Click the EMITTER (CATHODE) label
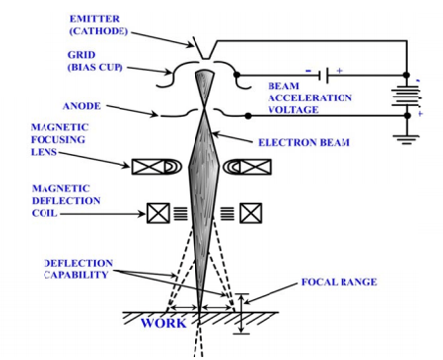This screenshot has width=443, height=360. [x=98, y=25]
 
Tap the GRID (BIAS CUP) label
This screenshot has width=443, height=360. [x=95, y=61]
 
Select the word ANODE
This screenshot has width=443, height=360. [x=81, y=106]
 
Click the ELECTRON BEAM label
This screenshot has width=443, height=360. [x=304, y=142]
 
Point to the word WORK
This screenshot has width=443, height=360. [x=164, y=323]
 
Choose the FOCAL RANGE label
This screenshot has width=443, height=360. [x=339, y=282]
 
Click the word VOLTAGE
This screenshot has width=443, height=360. [x=293, y=110]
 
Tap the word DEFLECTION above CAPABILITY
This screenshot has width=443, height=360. [x=78, y=263]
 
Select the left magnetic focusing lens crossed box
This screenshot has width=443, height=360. [x=148, y=167]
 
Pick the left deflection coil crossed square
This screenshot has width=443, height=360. [x=158, y=213]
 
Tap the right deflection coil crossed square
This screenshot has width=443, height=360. [x=251, y=213]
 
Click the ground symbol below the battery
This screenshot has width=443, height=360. [x=408, y=139]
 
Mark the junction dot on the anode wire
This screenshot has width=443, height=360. [x=248, y=116]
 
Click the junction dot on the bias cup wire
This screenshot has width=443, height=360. [x=237, y=75]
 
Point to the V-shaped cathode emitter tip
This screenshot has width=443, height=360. [x=205, y=58]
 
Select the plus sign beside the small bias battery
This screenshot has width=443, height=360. [x=340, y=71]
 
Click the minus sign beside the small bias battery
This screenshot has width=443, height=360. [x=308, y=71]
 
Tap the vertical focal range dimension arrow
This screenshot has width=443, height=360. [x=241, y=314]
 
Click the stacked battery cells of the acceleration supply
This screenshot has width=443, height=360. [x=406, y=96]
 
